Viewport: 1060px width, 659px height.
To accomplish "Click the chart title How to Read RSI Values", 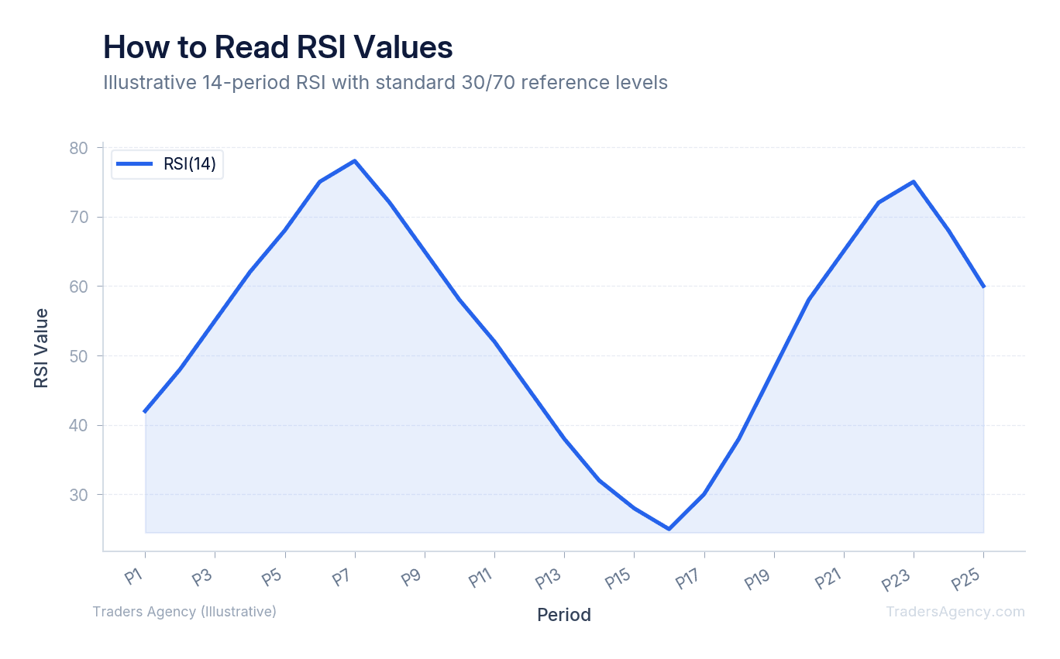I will click(277, 47).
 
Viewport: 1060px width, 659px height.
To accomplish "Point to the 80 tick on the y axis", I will click(79, 147).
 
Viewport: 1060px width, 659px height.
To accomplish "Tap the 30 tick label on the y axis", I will click(79, 495).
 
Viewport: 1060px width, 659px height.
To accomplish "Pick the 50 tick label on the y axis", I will click(79, 356).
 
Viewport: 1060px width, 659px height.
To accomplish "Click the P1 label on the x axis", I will click(135, 576).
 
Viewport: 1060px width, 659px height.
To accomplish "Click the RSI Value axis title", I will click(41, 348).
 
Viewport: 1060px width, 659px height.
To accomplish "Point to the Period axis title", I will click(564, 615).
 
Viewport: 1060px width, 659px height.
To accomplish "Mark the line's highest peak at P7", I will click(355, 161).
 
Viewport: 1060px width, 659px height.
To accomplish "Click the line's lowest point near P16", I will click(669, 529).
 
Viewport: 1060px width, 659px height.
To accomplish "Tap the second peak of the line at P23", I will click(914, 182).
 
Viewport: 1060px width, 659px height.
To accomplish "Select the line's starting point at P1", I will click(146, 411).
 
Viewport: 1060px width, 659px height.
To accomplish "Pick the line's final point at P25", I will click(983, 287).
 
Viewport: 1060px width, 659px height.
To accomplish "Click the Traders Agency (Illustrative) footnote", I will click(184, 612).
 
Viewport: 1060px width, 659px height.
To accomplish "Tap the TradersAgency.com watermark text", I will click(955, 612).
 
